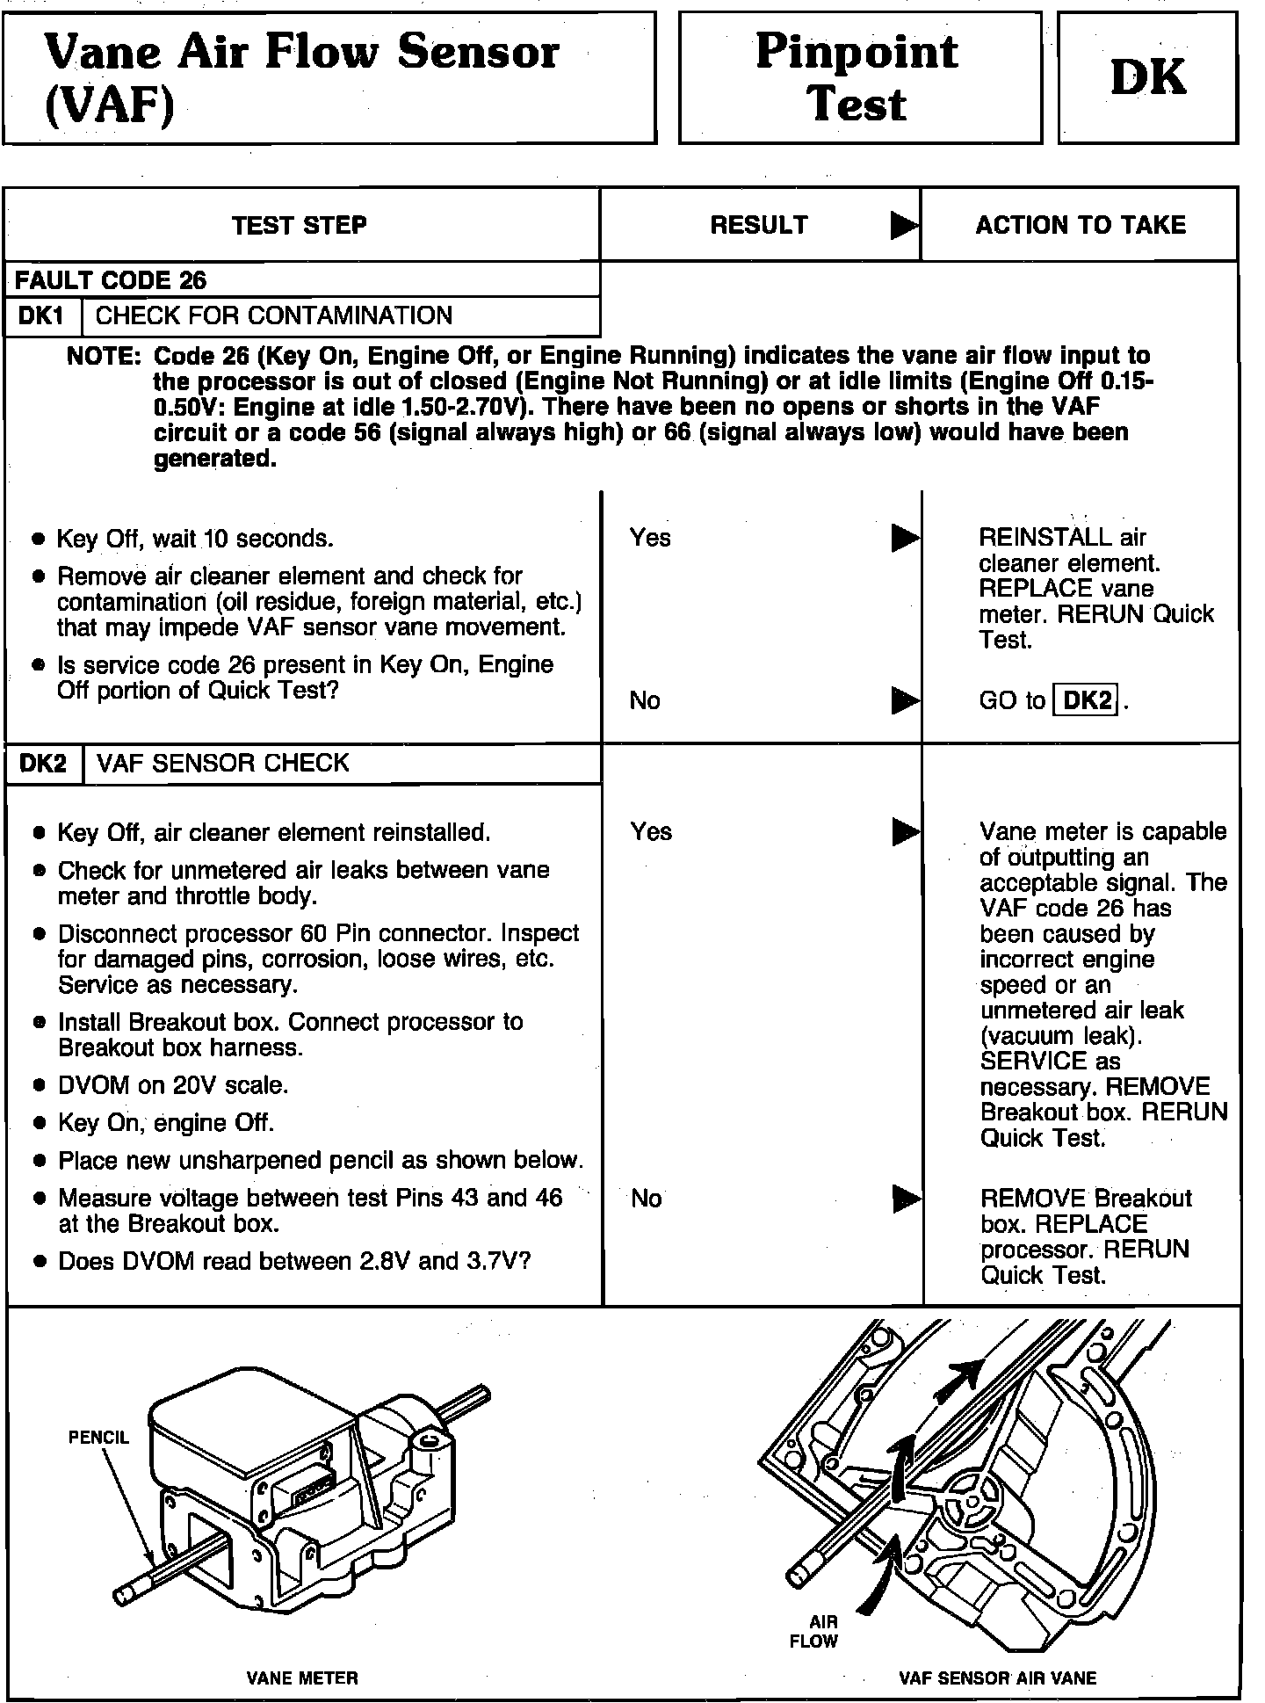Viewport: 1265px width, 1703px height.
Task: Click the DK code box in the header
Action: (1147, 77)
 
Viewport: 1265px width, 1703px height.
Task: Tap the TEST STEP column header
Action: (300, 226)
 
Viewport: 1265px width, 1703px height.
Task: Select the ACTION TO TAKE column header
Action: (1081, 225)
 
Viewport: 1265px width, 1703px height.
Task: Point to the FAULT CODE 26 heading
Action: (111, 280)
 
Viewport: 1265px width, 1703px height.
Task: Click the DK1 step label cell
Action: (42, 315)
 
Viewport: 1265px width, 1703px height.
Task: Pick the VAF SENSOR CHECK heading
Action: (223, 763)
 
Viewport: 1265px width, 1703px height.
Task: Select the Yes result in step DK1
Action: (650, 538)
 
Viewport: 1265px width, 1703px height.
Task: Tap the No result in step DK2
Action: (647, 1199)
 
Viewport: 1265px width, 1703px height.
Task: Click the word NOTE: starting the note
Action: (103, 357)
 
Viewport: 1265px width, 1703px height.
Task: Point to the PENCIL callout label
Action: (98, 1438)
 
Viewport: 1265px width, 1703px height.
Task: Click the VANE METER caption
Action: (302, 1678)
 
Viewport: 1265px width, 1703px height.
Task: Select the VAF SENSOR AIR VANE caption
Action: (997, 1678)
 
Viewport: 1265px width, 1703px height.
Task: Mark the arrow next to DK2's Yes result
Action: (905, 831)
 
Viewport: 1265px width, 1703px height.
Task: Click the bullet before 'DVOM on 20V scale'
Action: (39, 1086)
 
